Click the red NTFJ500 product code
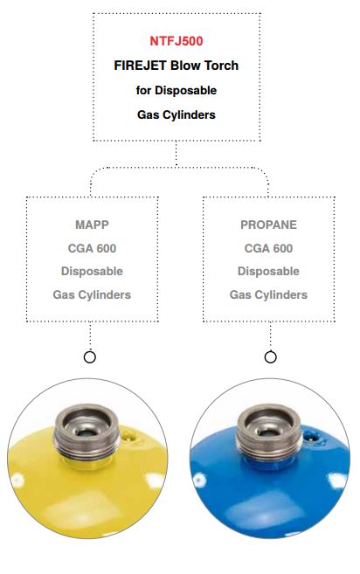coord(177,41)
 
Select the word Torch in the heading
coord(221,66)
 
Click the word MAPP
coord(92,225)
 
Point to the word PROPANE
coord(268,225)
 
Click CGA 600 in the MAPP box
coord(92,248)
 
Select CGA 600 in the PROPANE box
coord(268,248)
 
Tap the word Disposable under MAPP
coord(92,271)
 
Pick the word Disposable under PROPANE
coord(268,271)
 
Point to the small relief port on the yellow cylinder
coord(129,436)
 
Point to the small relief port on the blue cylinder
coord(311,436)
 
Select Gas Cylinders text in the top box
coord(177,115)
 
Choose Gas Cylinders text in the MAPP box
coord(92,294)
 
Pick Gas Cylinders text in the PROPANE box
coord(268,294)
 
